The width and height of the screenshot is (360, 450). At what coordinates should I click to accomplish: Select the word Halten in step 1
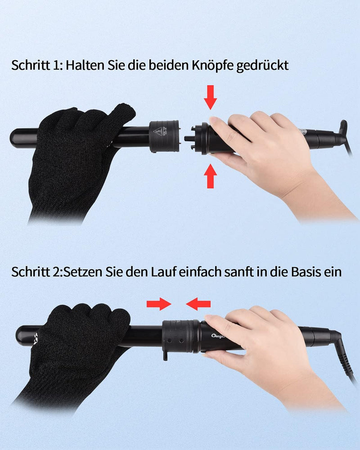click(x=85, y=65)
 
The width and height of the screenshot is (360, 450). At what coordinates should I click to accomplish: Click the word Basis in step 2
click(x=306, y=271)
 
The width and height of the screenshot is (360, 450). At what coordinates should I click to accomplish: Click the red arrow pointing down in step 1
click(x=211, y=97)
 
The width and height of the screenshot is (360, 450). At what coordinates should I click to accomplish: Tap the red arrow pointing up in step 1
click(x=211, y=176)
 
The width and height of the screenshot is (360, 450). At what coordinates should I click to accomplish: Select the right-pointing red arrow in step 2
click(x=159, y=304)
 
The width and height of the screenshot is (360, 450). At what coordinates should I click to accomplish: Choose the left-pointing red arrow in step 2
click(x=198, y=304)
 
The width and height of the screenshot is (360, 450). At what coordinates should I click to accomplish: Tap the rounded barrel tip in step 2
click(x=20, y=336)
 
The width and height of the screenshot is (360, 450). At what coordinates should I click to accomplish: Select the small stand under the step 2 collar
click(x=165, y=356)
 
